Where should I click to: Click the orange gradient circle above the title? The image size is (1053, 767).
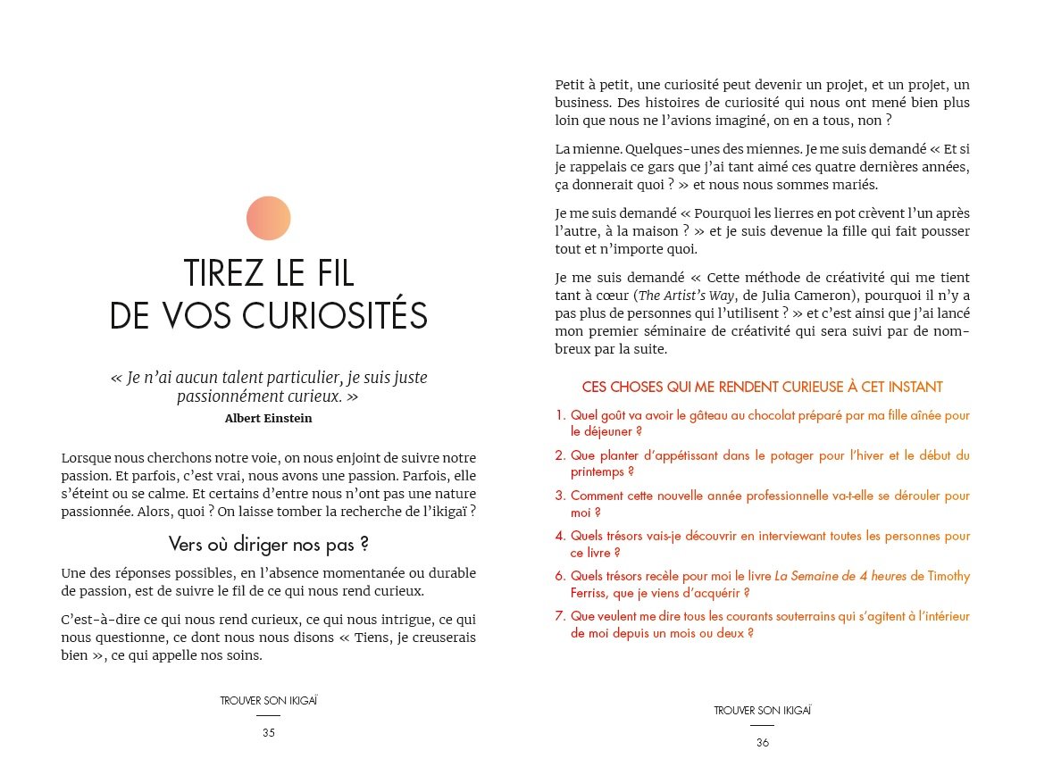pos(269,218)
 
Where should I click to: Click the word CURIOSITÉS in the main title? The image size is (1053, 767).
pos(330,317)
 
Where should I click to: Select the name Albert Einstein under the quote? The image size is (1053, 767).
pos(269,418)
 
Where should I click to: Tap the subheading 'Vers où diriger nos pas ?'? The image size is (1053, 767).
pos(269,544)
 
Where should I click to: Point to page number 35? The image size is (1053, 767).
pos(269,733)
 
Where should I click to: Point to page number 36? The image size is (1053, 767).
pos(763,742)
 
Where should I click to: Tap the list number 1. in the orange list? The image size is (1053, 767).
pos(560,415)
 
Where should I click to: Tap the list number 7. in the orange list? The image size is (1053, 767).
pos(560,616)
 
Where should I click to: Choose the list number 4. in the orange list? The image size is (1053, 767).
pos(560,536)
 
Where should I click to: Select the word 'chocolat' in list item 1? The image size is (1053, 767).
pos(777,415)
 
